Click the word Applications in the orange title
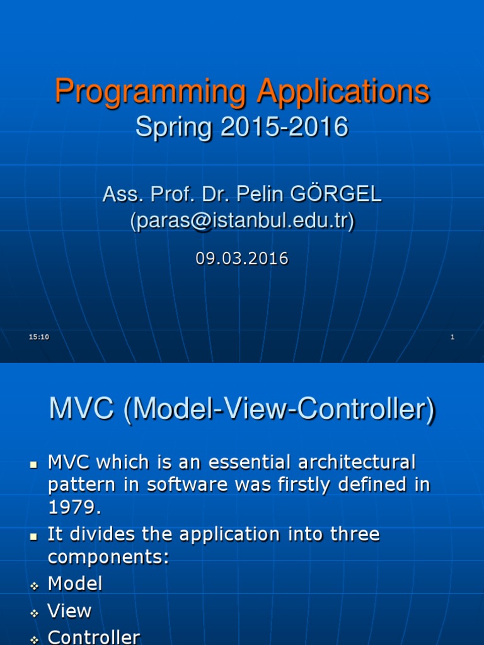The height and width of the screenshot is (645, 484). (343, 92)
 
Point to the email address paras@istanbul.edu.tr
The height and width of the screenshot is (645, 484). (242, 220)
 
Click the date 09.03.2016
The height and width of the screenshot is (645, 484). (242, 258)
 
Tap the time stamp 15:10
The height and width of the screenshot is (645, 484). (39, 338)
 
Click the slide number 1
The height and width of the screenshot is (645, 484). (452, 338)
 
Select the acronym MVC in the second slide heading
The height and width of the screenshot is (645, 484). (83, 410)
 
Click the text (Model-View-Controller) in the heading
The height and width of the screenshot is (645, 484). (279, 411)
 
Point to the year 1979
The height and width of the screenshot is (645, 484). (73, 507)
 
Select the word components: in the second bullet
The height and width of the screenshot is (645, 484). (108, 557)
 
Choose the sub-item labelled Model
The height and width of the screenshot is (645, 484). (75, 583)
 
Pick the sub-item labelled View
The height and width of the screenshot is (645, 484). (69, 610)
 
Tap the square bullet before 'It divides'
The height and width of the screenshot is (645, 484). (34, 536)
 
